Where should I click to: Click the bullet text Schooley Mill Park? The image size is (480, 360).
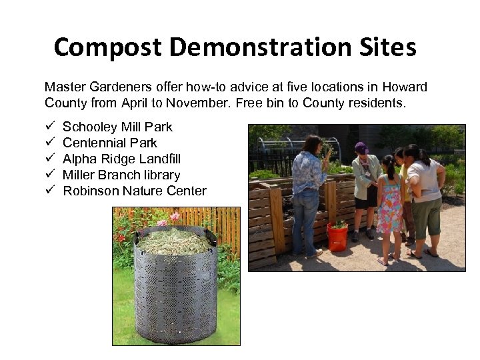117,127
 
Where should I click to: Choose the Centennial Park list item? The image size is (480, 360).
110,143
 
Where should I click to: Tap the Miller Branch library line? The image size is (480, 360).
121,175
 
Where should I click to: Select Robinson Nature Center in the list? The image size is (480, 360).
135,191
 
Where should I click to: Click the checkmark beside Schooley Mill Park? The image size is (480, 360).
49,127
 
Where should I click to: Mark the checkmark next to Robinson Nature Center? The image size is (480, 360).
49,191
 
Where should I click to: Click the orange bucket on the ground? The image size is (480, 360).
337,237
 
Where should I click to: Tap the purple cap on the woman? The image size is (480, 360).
361,147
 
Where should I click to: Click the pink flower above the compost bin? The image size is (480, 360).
175,217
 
